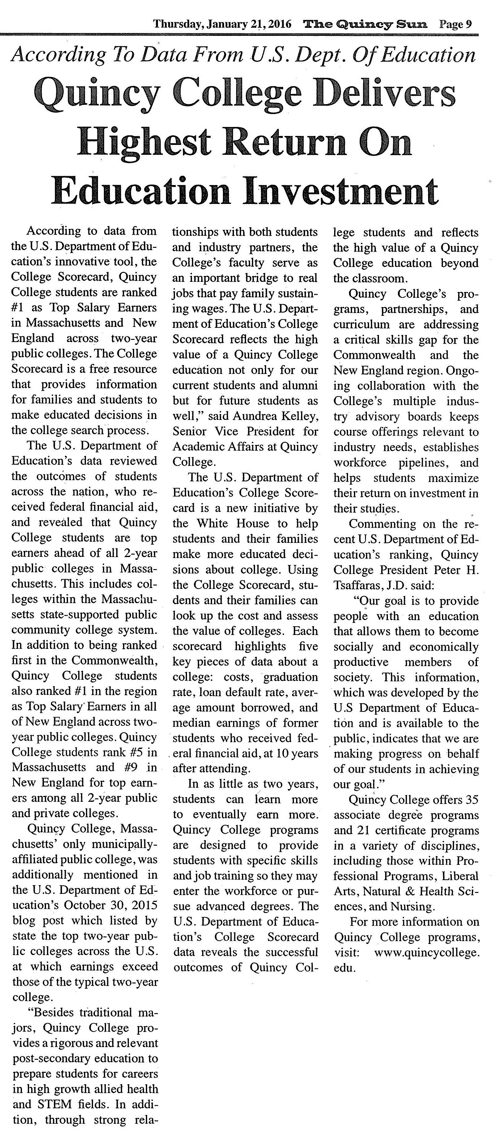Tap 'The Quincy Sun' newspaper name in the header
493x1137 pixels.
365,24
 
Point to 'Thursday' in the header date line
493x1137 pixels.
176,24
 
